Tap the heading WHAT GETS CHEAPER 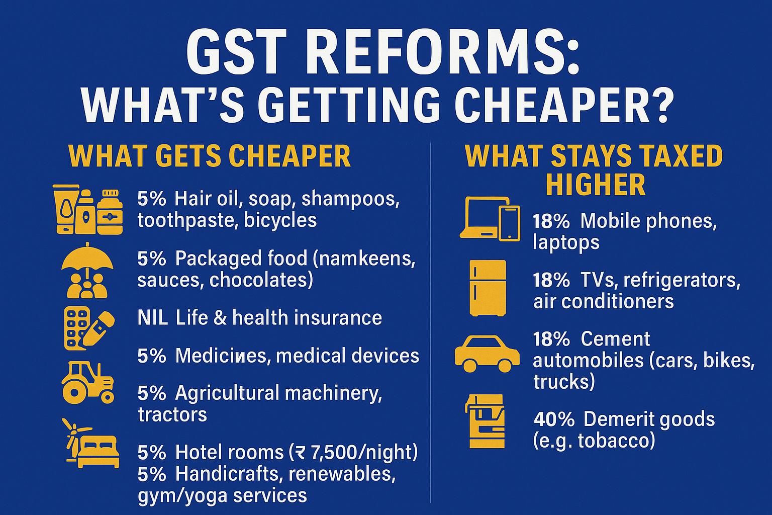[x=210, y=156]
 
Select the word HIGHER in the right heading [x=596, y=185]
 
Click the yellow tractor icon [x=88, y=382]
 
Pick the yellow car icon [x=487, y=354]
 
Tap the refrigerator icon [x=487, y=288]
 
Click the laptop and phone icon [x=490, y=218]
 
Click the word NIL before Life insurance [x=153, y=318]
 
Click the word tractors [x=172, y=415]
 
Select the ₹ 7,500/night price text [x=357, y=453]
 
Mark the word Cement [x=615, y=339]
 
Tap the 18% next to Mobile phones [x=551, y=221]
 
